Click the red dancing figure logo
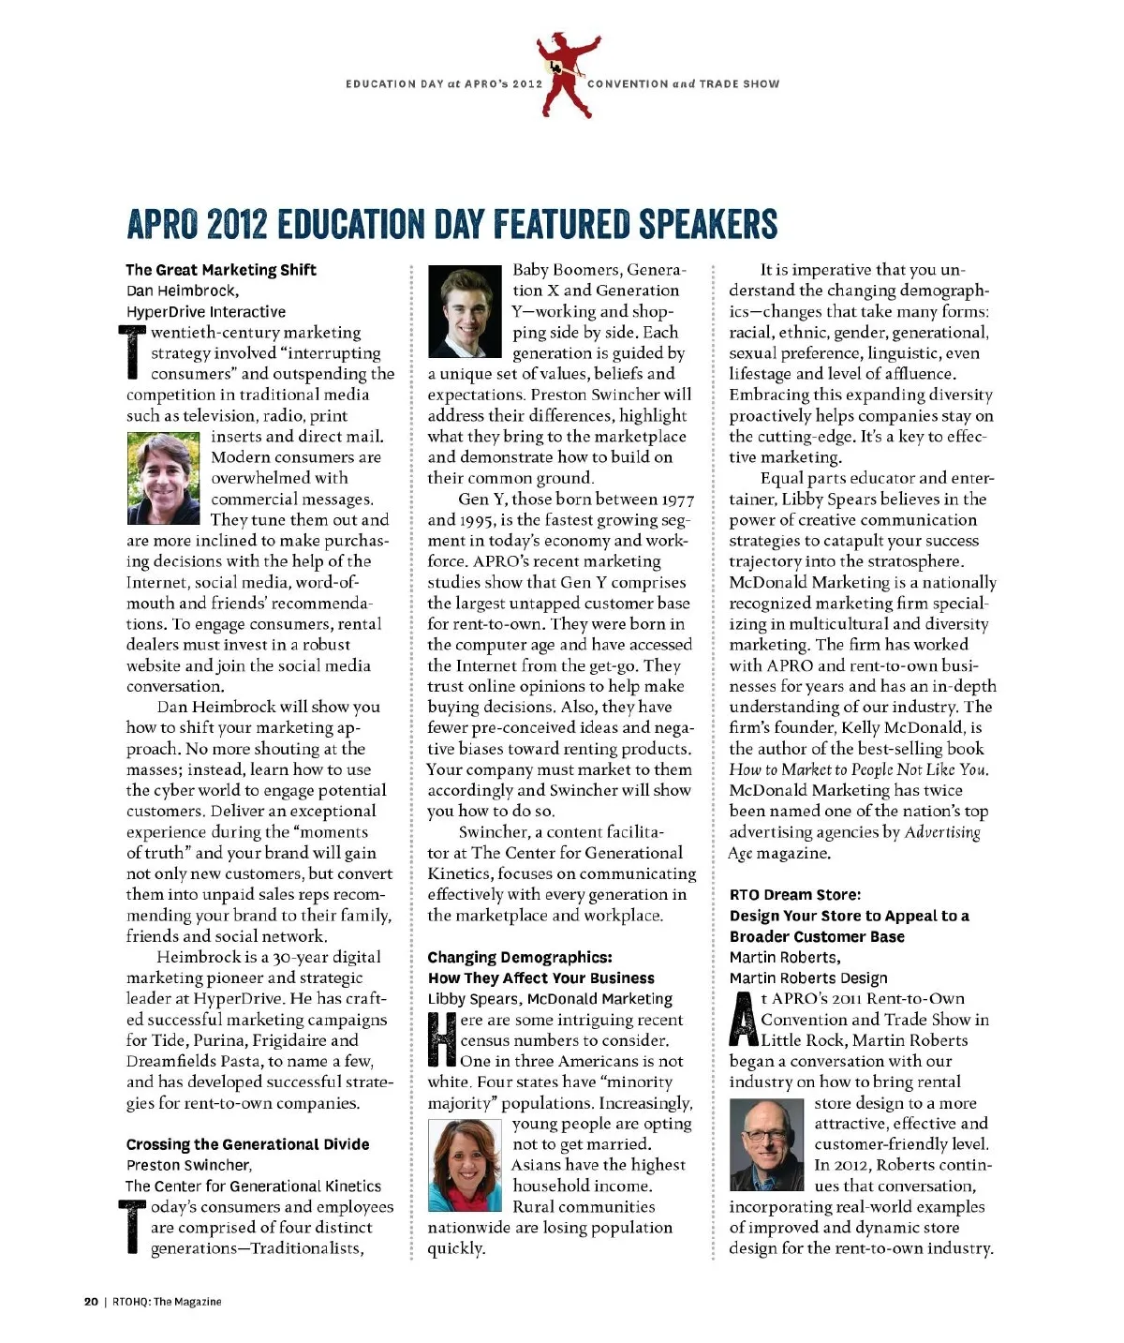tap(566, 74)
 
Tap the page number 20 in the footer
tap(91, 1301)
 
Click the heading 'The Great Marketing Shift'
tap(221, 270)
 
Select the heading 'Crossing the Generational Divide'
tap(248, 1144)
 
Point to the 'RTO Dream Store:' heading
tap(795, 895)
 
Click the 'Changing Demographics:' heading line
tap(520, 957)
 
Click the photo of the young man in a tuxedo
tap(465, 312)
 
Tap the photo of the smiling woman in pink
tap(465, 1166)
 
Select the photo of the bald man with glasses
tap(766, 1145)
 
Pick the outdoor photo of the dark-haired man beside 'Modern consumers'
tap(164, 478)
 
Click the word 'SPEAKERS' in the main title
tap(709, 224)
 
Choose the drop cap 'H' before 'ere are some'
tap(442, 1040)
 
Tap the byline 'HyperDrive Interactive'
tap(206, 312)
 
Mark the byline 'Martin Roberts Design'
tap(808, 978)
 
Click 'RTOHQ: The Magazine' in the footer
tap(167, 1301)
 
